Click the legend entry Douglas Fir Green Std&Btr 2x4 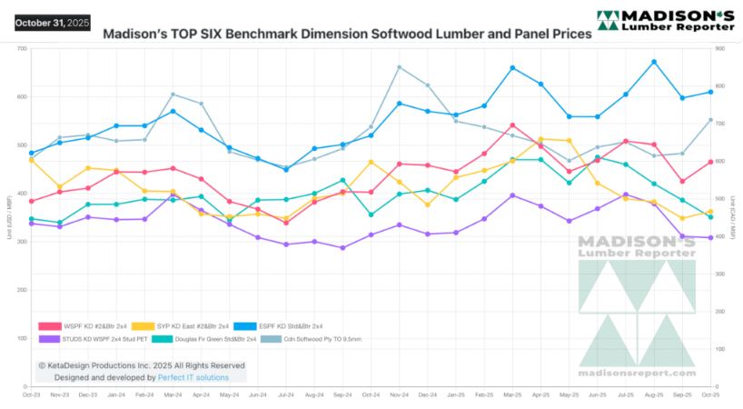pyautogui.click(x=203, y=339)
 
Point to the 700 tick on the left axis pyautogui.click(x=20, y=48)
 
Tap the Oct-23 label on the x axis pyautogui.click(x=31, y=394)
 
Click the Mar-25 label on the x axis pyautogui.click(x=512, y=394)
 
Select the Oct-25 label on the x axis pyautogui.click(x=710, y=394)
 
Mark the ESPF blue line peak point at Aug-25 pyautogui.click(x=654, y=62)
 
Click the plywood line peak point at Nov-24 pyautogui.click(x=400, y=67)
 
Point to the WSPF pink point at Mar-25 pyautogui.click(x=512, y=125)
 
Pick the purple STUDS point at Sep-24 pyautogui.click(x=342, y=247)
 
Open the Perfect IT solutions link pyautogui.click(x=192, y=377)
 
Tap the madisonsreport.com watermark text pyautogui.click(x=637, y=373)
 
